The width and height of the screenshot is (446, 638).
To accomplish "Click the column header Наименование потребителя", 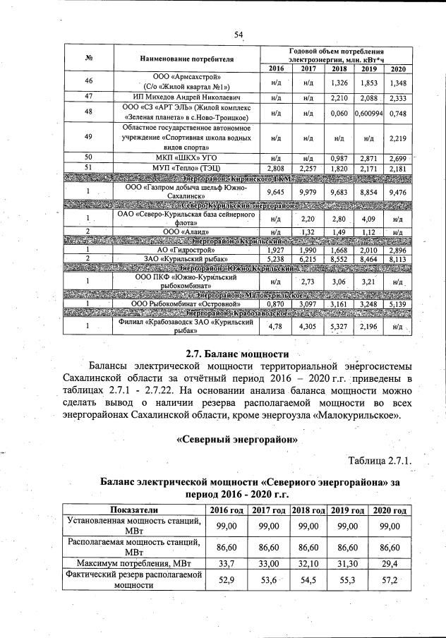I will pos(187,58).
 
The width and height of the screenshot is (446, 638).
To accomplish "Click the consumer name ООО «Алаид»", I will pos(187,231).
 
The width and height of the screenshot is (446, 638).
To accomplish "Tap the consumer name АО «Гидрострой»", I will pos(187,250).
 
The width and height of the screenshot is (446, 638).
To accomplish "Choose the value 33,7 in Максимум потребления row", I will pos(226,562).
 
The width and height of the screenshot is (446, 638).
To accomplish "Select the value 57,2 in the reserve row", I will pos(390,580).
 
